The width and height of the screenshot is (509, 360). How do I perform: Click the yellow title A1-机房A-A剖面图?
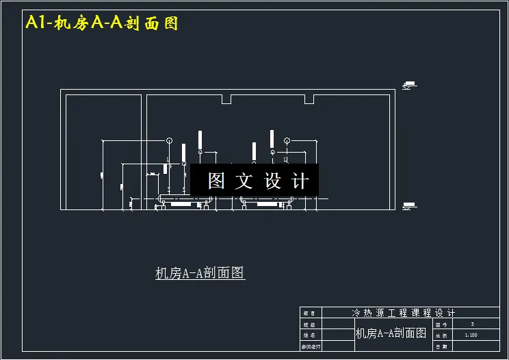tap(102, 23)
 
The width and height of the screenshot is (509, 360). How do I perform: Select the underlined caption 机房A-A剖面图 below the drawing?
tap(200, 273)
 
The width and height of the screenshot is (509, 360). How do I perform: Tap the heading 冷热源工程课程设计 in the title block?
tap(403, 312)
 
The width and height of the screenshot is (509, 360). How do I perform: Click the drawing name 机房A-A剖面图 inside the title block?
tap(391, 334)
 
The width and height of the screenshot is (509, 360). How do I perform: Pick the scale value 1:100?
tap(471, 335)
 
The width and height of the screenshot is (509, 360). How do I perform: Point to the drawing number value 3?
tap(472, 324)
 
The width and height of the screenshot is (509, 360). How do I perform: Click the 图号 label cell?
tap(441, 324)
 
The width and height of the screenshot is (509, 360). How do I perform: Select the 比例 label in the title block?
tap(441, 335)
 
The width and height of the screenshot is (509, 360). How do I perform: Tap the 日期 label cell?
tap(441, 347)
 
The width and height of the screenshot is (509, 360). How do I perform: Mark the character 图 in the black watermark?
tap(217, 181)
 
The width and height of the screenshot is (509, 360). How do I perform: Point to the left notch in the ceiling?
tap(226, 100)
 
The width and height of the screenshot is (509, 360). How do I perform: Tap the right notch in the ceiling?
tap(309, 100)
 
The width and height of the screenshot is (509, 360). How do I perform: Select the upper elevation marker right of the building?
tap(409, 86)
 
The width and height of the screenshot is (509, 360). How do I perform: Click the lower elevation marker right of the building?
tap(409, 205)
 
